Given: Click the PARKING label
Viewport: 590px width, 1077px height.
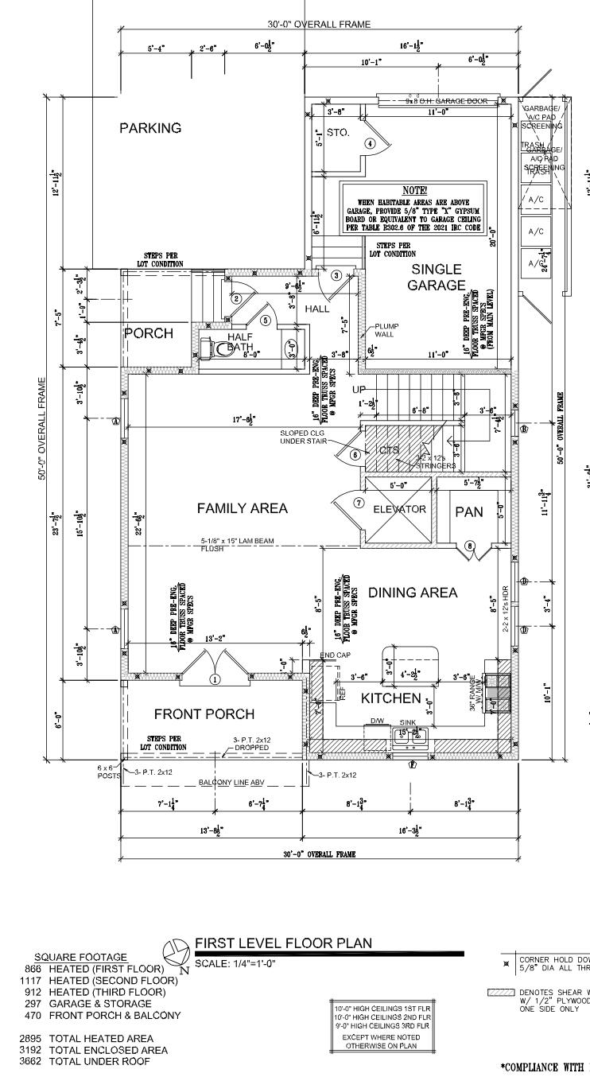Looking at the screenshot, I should click(x=150, y=128).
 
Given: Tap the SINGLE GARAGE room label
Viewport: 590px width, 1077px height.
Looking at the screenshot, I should click(x=437, y=278).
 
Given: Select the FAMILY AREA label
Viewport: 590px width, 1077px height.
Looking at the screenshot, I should click(x=243, y=508).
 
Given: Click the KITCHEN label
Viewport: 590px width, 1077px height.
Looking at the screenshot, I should click(x=391, y=698).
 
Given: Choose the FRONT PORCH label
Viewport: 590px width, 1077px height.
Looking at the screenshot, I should click(x=204, y=714).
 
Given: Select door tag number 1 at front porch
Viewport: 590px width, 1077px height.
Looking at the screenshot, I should click(x=214, y=679).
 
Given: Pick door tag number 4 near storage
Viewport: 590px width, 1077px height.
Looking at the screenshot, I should click(x=370, y=144).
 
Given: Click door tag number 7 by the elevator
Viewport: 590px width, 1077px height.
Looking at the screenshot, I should click(x=359, y=504).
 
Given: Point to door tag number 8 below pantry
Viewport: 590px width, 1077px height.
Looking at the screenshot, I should click(x=470, y=546).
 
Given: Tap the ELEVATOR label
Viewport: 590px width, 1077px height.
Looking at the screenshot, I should click(x=399, y=509).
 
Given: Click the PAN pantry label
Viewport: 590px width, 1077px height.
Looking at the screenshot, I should click(x=468, y=512).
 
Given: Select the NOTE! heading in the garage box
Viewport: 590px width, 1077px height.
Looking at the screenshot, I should click(x=414, y=191).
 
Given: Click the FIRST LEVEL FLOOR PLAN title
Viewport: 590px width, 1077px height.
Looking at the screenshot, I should click(x=283, y=943).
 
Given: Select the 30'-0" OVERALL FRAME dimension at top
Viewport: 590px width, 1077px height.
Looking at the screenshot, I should click(x=318, y=25).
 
